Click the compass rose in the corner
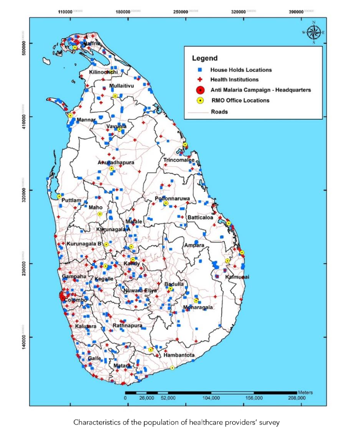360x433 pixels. [x=314, y=32]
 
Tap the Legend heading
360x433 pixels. [x=205, y=58]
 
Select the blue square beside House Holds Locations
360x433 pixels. [x=200, y=70]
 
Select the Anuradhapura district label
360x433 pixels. [x=116, y=162]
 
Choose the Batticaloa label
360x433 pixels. [x=202, y=218]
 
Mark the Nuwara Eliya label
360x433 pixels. [x=140, y=290]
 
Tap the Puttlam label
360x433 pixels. [x=71, y=200]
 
